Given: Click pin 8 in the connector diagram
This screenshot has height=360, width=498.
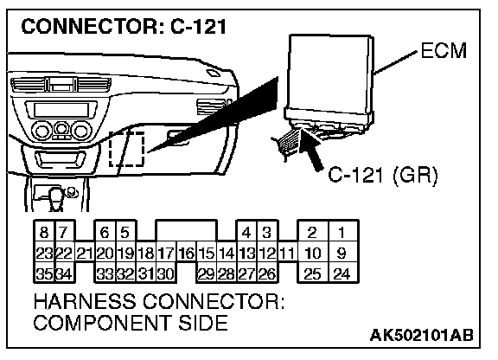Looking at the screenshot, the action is pos(44,232).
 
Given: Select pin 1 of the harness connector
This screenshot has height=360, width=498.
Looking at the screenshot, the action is pos(342,232).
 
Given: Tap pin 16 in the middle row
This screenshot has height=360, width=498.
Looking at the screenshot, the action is pos(187,254).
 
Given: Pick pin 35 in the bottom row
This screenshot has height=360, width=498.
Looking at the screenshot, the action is pos(44,273).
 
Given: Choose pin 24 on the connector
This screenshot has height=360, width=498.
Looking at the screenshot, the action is pos(342,273).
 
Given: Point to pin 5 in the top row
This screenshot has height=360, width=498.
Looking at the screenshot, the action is pos(125,232).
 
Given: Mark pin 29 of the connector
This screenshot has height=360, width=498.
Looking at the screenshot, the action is pos(206,273).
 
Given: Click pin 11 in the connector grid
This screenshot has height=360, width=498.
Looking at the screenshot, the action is pos(287,254).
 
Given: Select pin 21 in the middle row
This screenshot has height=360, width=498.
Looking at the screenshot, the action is pos(85,254).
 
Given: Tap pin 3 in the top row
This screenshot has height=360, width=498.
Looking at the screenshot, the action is pos(267,232).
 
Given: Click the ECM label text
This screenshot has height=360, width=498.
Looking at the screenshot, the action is pos(444,50).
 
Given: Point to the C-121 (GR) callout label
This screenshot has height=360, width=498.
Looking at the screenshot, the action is pos(383,175).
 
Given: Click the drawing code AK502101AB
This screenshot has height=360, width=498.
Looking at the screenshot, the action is pos(421,335).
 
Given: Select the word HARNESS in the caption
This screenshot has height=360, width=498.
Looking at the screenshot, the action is pos(84,301).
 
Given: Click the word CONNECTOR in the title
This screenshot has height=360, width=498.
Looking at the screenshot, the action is pos(88,26).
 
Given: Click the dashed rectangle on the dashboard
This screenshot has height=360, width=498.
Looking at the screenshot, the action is pos(127,149).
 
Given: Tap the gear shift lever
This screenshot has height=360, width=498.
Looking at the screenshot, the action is pos(56,199).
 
